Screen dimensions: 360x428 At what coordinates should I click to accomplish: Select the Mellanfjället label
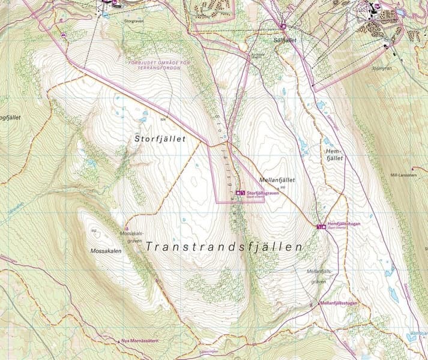click(x=277, y=179)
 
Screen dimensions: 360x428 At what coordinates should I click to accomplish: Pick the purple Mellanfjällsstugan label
click(x=340, y=304)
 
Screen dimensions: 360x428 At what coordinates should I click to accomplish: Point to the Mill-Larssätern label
click(x=403, y=175)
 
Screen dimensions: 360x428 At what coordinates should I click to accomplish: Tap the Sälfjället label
click(x=285, y=40)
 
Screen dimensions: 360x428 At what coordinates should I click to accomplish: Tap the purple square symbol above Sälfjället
click(x=283, y=26)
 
